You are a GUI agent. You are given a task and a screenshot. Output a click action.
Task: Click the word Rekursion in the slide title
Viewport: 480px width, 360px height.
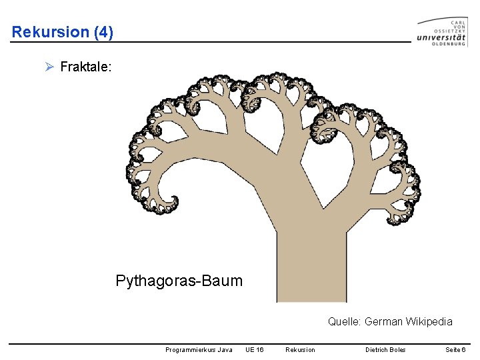(x=50, y=31)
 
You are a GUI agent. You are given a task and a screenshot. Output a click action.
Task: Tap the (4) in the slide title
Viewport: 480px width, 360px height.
(x=103, y=31)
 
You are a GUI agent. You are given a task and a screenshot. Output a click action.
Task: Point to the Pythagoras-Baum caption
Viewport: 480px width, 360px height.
(x=179, y=281)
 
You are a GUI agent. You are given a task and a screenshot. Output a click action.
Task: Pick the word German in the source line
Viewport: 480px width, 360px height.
(x=383, y=322)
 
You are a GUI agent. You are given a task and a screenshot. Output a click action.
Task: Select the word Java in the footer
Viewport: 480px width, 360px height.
(x=225, y=350)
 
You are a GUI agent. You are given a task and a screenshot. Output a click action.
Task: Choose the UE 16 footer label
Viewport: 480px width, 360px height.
(x=255, y=350)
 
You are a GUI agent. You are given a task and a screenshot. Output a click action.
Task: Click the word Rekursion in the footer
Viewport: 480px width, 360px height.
(x=300, y=350)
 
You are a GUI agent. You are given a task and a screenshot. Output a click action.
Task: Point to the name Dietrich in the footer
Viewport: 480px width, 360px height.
(x=377, y=350)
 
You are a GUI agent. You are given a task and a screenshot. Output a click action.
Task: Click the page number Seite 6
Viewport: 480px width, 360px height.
(x=455, y=350)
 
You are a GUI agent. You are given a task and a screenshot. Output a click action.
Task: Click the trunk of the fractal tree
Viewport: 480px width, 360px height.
(x=311, y=267)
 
